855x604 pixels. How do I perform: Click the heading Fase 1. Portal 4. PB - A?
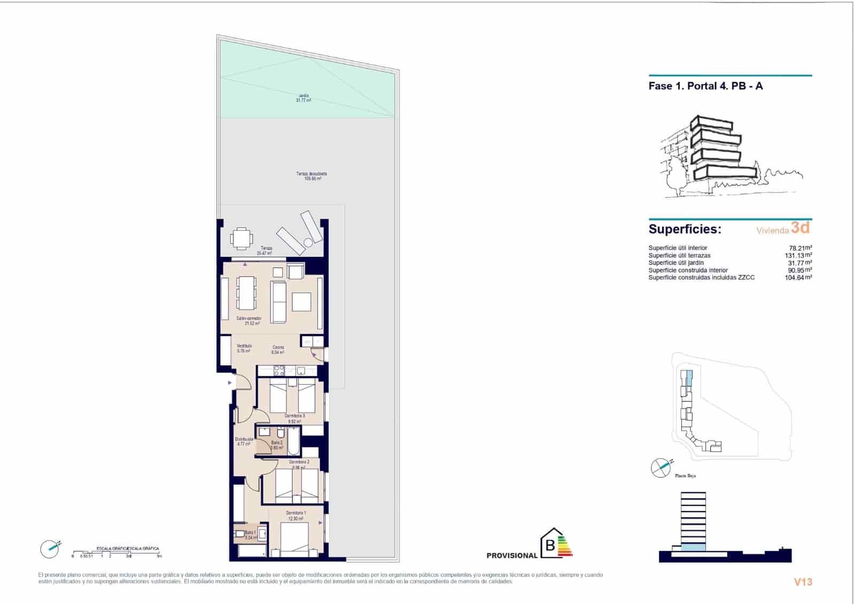click(705, 86)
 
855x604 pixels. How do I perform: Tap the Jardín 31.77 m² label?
click(304, 98)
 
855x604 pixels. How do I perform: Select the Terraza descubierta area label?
click(312, 176)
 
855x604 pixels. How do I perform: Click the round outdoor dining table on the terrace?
click(241, 238)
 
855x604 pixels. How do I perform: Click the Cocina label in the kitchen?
click(278, 350)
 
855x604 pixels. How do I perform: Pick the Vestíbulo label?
click(244, 349)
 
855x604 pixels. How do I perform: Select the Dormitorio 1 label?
click(296, 515)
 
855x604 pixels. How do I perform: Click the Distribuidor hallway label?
click(244, 442)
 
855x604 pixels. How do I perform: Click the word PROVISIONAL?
click(511, 555)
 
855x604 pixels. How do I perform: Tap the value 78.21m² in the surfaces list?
click(800, 248)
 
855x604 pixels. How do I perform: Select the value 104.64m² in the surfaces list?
click(798, 277)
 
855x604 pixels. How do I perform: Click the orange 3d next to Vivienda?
click(800, 228)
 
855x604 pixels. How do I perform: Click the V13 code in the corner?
click(803, 582)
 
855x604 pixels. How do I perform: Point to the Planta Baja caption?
click(685, 475)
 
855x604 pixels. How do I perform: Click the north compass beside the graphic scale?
click(50, 548)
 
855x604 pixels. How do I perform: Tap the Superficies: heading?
click(685, 229)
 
